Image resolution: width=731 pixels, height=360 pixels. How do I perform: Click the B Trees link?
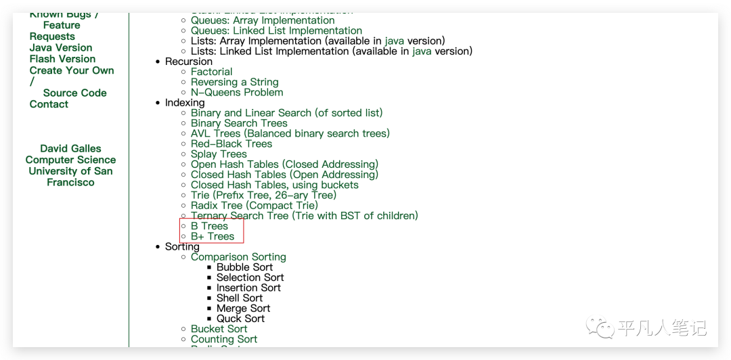[209, 226]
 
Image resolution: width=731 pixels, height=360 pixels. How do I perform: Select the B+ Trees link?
[213, 236]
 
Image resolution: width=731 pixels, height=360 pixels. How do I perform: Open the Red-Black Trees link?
[231, 143]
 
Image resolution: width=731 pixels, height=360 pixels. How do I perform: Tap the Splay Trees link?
[219, 154]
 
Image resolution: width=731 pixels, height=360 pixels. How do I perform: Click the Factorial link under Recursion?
[211, 72]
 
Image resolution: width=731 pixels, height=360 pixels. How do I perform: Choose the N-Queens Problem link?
[237, 92]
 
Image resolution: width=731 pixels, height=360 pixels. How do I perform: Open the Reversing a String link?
[234, 82]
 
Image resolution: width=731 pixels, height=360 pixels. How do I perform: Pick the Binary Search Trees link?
[239, 123]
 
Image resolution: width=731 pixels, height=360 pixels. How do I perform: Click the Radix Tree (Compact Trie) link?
[254, 205]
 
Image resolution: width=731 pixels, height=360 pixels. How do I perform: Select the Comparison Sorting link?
[238, 257]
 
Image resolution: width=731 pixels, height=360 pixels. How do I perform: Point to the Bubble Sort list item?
[244, 267]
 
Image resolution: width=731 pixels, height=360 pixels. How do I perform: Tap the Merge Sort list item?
[243, 308]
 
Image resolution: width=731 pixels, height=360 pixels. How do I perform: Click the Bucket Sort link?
[219, 329]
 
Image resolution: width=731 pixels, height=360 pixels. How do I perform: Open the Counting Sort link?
[224, 339]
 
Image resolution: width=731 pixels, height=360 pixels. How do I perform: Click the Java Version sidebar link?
[61, 48]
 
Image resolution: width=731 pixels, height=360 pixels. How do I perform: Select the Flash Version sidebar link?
[62, 59]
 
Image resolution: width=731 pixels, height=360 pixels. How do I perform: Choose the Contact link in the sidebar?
[49, 104]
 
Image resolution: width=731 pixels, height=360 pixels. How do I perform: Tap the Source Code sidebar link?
[74, 93]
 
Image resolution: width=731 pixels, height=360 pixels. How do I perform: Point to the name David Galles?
[70, 149]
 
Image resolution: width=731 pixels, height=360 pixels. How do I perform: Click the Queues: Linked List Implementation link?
[276, 30]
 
